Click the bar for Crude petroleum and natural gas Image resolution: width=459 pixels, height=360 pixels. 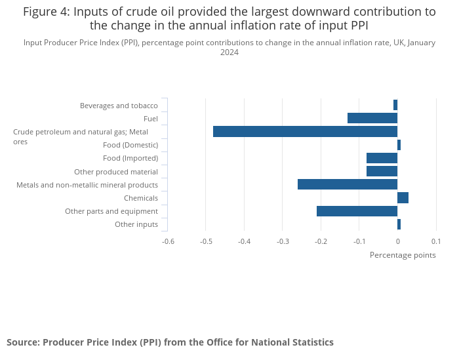(305, 132)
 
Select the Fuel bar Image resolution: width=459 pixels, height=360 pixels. (372, 118)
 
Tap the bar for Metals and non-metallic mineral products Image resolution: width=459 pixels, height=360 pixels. (348, 185)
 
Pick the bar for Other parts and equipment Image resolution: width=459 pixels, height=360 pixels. (357, 211)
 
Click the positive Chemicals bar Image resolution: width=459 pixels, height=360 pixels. (403, 198)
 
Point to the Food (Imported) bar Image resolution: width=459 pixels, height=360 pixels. (382, 158)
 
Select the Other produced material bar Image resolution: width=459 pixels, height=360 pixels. (382, 171)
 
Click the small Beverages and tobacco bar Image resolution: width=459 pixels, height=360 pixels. (395, 105)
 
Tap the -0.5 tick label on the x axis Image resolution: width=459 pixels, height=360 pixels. (206, 241)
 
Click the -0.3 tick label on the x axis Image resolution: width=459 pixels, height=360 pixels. (283, 241)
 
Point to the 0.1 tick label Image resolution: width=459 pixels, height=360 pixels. (435, 241)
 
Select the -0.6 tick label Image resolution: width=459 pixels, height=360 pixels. (168, 241)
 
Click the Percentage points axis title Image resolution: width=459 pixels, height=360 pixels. (403, 255)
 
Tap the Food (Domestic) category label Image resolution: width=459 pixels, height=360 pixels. (130, 145)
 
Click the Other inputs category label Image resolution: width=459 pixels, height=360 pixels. (136, 224)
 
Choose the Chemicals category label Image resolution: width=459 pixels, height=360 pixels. (141, 198)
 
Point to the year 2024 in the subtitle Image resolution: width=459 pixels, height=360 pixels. (229, 52)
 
